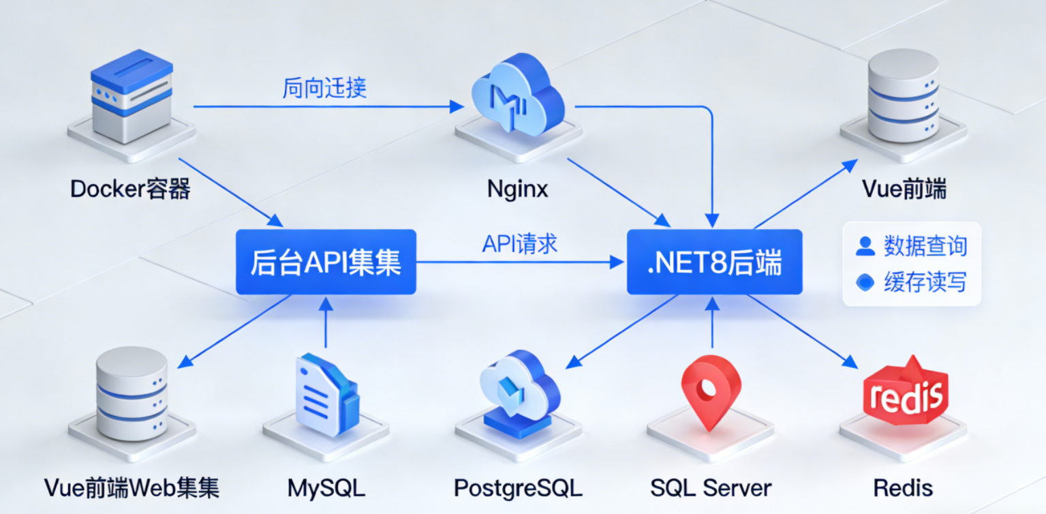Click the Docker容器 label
pyautogui.click(x=130, y=188)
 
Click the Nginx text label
pyautogui.click(x=518, y=189)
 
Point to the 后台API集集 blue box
pyautogui.click(x=326, y=262)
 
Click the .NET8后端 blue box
pyautogui.click(x=714, y=262)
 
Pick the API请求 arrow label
pyautogui.click(x=519, y=243)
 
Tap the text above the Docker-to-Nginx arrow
pyautogui.click(x=325, y=88)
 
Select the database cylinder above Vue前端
pyautogui.click(x=903, y=95)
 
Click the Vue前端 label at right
pyautogui.click(x=904, y=188)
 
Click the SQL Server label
pyautogui.click(x=711, y=488)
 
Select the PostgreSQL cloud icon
pyautogui.click(x=519, y=392)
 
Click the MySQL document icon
pyautogui.click(x=326, y=393)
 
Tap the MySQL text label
pyautogui.click(x=326, y=488)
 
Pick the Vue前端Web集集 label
pyautogui.click(x=132, y=488)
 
